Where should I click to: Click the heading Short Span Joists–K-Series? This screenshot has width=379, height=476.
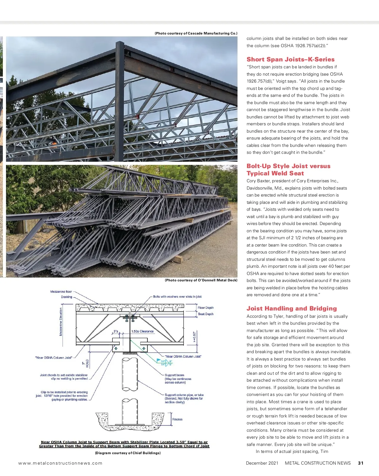coord(290,59)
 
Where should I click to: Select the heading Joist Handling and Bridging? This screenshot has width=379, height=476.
coord(292,309)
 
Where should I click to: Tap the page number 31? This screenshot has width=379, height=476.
coord(361,463)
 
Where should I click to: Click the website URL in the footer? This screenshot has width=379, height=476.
coord(60,463)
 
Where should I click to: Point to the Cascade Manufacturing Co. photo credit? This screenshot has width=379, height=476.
coord(196,33)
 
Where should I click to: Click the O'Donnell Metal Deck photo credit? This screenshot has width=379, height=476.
coord(201,280)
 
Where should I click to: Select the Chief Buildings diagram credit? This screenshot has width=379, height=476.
coord(128,453)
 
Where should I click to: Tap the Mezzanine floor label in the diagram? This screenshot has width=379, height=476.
coord(61,291)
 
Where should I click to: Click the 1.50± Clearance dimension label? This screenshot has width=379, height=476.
coord(142,331)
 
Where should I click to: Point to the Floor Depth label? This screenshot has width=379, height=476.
coord(206,308)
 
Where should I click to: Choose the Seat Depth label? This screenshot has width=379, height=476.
coord(206,314)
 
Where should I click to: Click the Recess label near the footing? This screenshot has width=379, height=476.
coord(177,419)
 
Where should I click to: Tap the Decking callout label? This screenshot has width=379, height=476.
coord(66,297)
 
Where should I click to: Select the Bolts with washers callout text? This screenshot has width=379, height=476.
coord(177,297)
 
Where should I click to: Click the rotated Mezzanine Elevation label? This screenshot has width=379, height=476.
coord(61,322)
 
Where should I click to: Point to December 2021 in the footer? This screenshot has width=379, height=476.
coord(262,463)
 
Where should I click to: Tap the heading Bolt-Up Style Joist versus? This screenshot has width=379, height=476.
coord(288,166)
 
